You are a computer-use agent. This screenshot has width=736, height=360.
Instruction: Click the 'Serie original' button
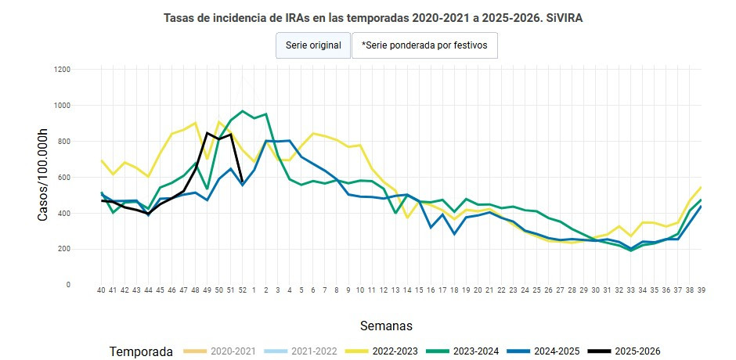pyautogui.click(x=313, y=45)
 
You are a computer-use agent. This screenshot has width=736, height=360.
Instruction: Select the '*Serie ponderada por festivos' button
pyautogui.click(x=424, y=45)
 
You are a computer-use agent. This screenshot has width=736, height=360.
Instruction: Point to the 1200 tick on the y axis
pyautogui.click(x=63, y=70)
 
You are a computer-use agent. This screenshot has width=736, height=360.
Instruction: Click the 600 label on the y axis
pyautogui.click(x=64, y=178)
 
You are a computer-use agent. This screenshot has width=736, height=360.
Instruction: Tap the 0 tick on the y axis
pyautogui.click(x=69, y=285)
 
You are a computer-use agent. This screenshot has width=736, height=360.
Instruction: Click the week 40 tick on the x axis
pyautogui.click(x=101, y=290)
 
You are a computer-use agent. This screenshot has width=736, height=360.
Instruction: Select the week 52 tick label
pyautogui.click(x=242, y=290)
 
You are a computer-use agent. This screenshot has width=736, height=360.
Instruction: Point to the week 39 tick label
pyautogui.click(x=701, y=290)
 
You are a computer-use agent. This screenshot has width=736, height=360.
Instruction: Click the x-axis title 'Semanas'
pyautogui.click(x=386, y=325)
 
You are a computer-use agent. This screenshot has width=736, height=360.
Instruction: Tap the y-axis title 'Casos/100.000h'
pyautogui.click(x=43, y=177)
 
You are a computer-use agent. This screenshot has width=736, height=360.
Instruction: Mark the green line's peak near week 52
pyautogui.click(x=243, y=111)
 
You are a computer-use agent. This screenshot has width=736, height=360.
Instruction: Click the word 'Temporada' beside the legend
pyautogui.click(x=141, y=351)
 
